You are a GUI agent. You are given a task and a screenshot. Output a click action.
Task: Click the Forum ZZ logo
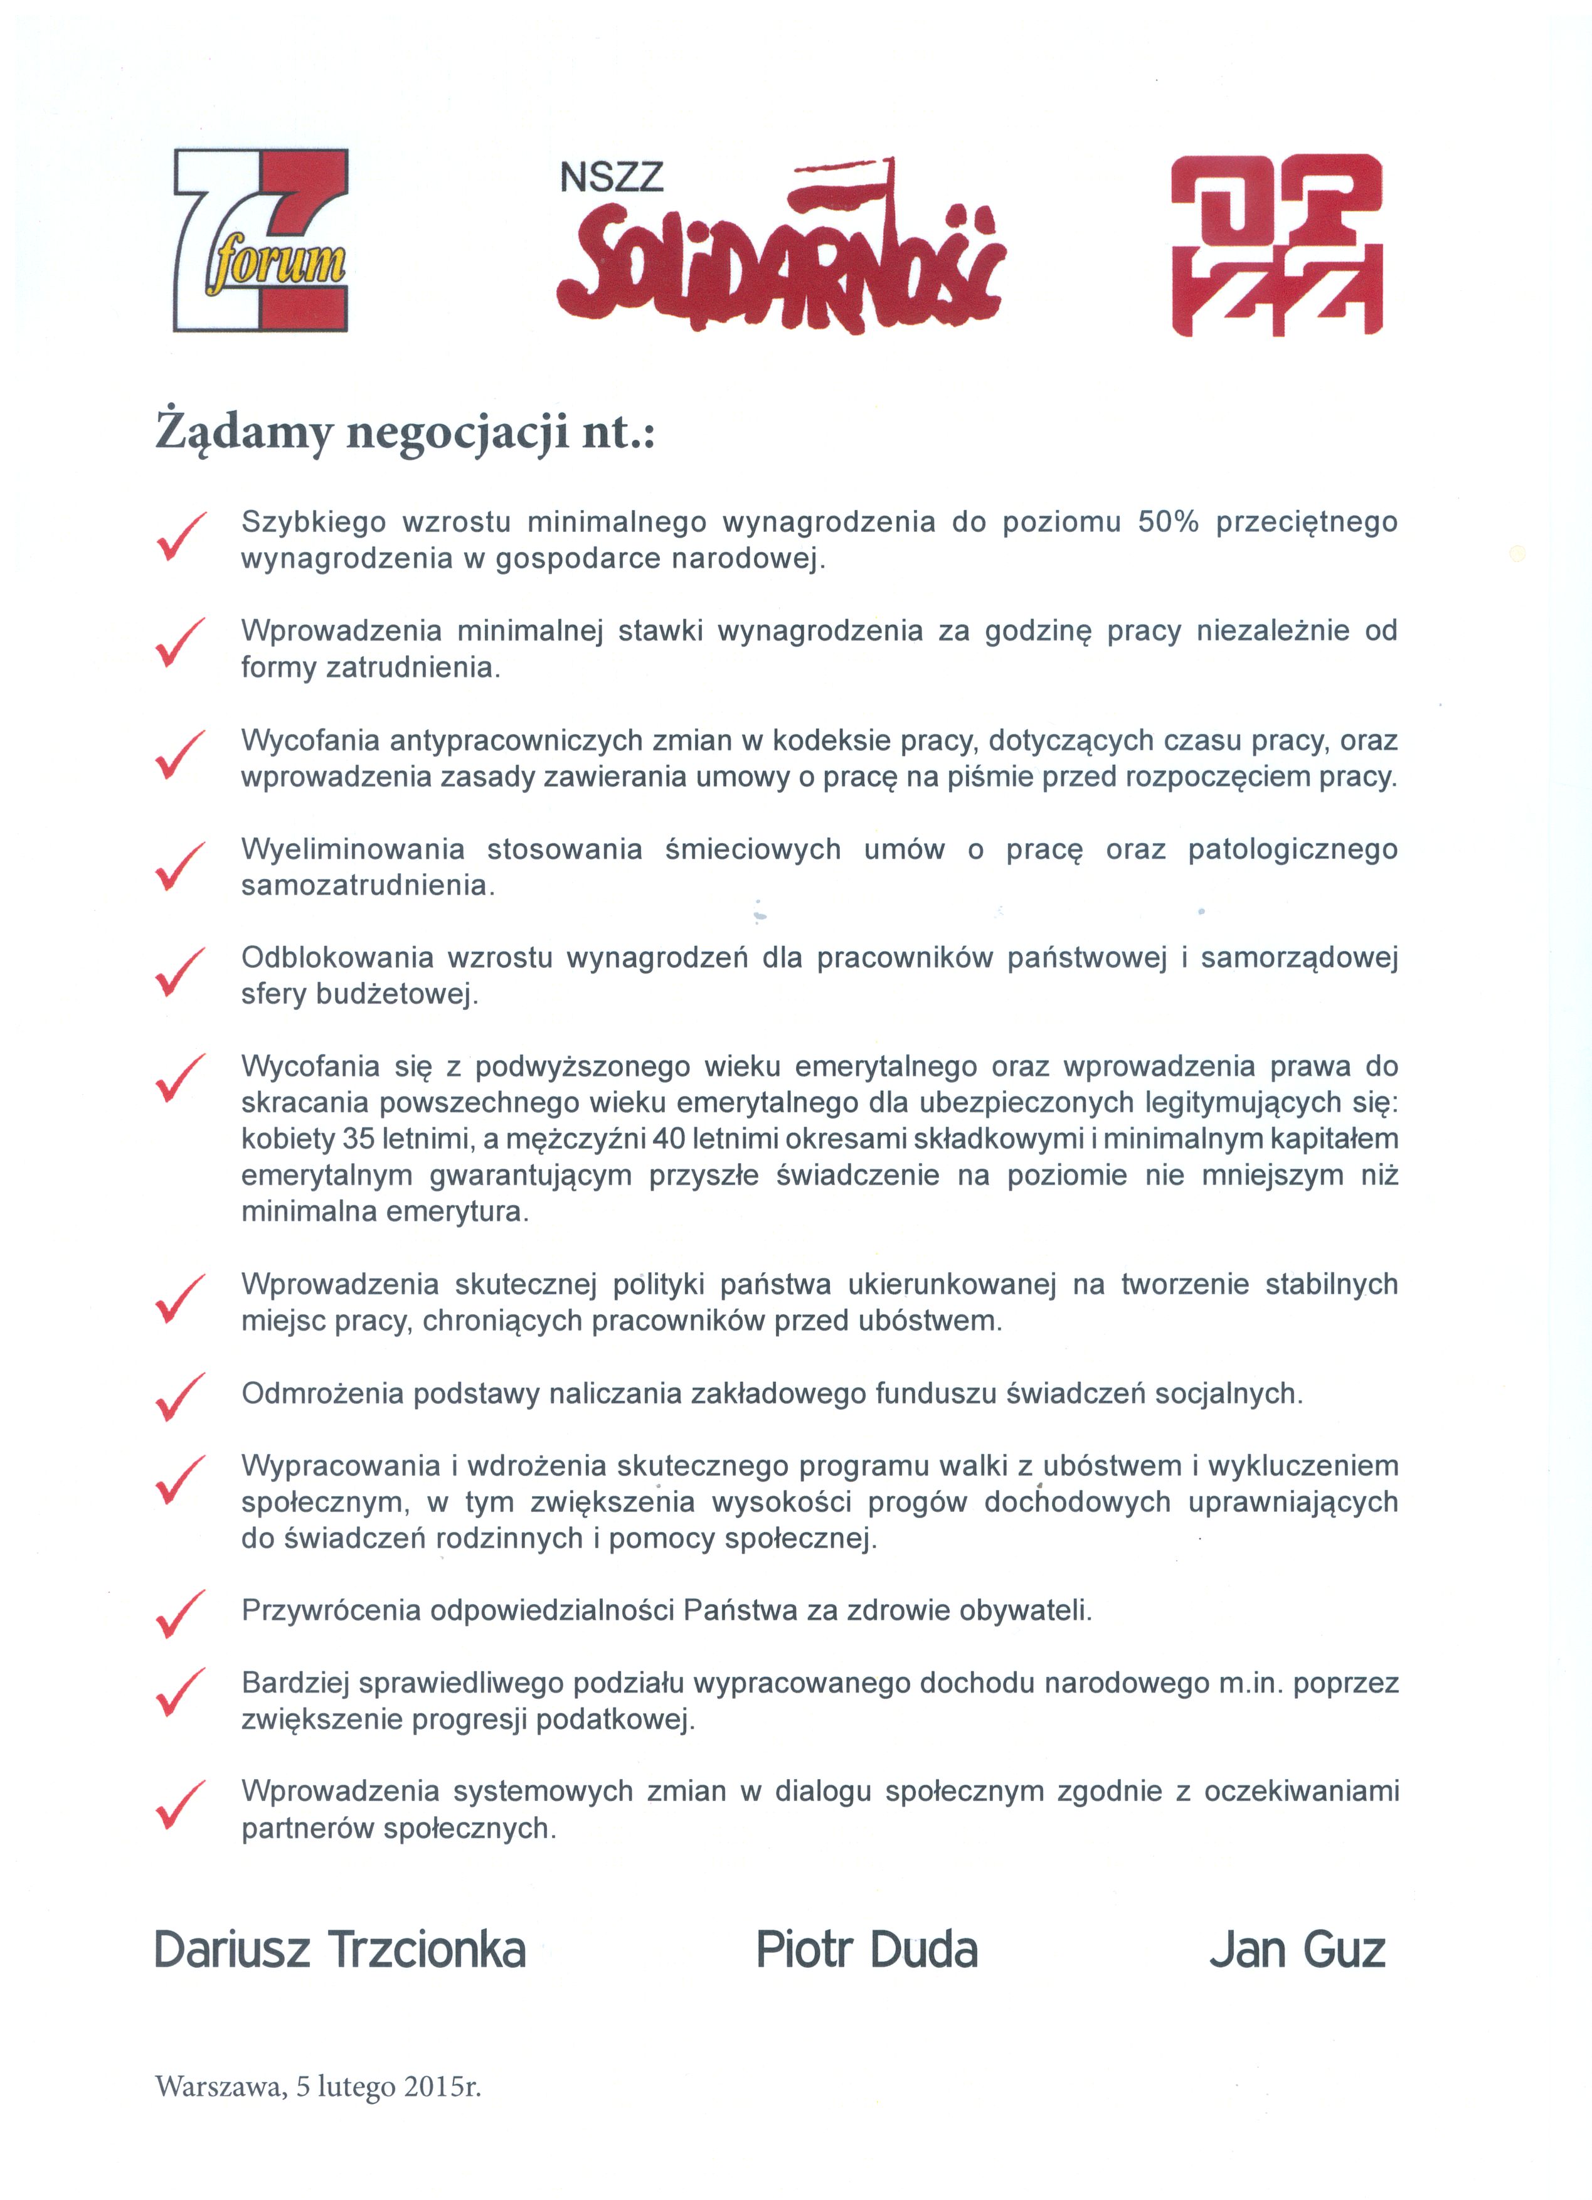(260, 240)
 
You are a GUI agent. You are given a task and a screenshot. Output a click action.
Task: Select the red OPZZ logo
(1276, 245)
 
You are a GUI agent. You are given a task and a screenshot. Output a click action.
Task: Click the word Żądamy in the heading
(243, 433)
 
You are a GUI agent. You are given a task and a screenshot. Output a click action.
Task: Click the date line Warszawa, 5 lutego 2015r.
(318, 2086)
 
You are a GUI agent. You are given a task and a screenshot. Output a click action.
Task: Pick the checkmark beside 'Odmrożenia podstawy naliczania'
(179, 1397)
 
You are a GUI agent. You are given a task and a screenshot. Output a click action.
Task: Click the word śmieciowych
(753, 850)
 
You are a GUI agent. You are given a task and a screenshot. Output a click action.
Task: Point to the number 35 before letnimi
(359, 1139)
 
